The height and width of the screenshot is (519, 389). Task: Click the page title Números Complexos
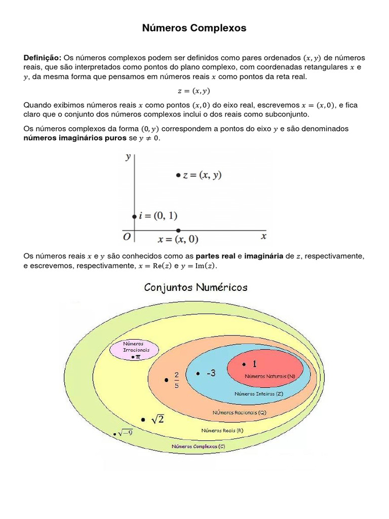pyautogui.click(x=194, y=28)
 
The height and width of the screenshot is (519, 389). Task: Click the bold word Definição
pyautogui.click(x=43, y=58)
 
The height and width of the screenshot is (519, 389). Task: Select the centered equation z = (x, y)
pyautogui.click(x=194, y=91)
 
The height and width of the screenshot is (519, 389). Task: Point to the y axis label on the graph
pyautogui.click(x=128, y=157)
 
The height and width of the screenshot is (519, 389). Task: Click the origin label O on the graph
pyautogui.click(x=127, y=237)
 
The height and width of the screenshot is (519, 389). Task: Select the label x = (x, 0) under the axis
pyautogui.click(x=178, y=239)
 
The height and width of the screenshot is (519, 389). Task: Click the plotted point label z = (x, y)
pyautogui.click(x=202, y=175)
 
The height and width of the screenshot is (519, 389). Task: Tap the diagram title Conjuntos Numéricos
pyautogui.click(x=196, y=287)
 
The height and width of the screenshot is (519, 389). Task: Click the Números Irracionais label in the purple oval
pyautogui.click(x=134, y=347)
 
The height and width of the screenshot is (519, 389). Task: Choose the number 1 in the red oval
pyautogui.click(x=254, y=364)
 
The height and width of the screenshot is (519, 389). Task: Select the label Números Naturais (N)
pyautogui.click(x=270, y=377)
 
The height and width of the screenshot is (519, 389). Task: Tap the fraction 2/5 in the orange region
pyautogui.click(x=177, y=380)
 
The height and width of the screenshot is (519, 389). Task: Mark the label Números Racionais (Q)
pyautogui.click(x=239, y=413)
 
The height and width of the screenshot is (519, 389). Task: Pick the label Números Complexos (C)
pyautogui.click(x=198, y=447)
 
